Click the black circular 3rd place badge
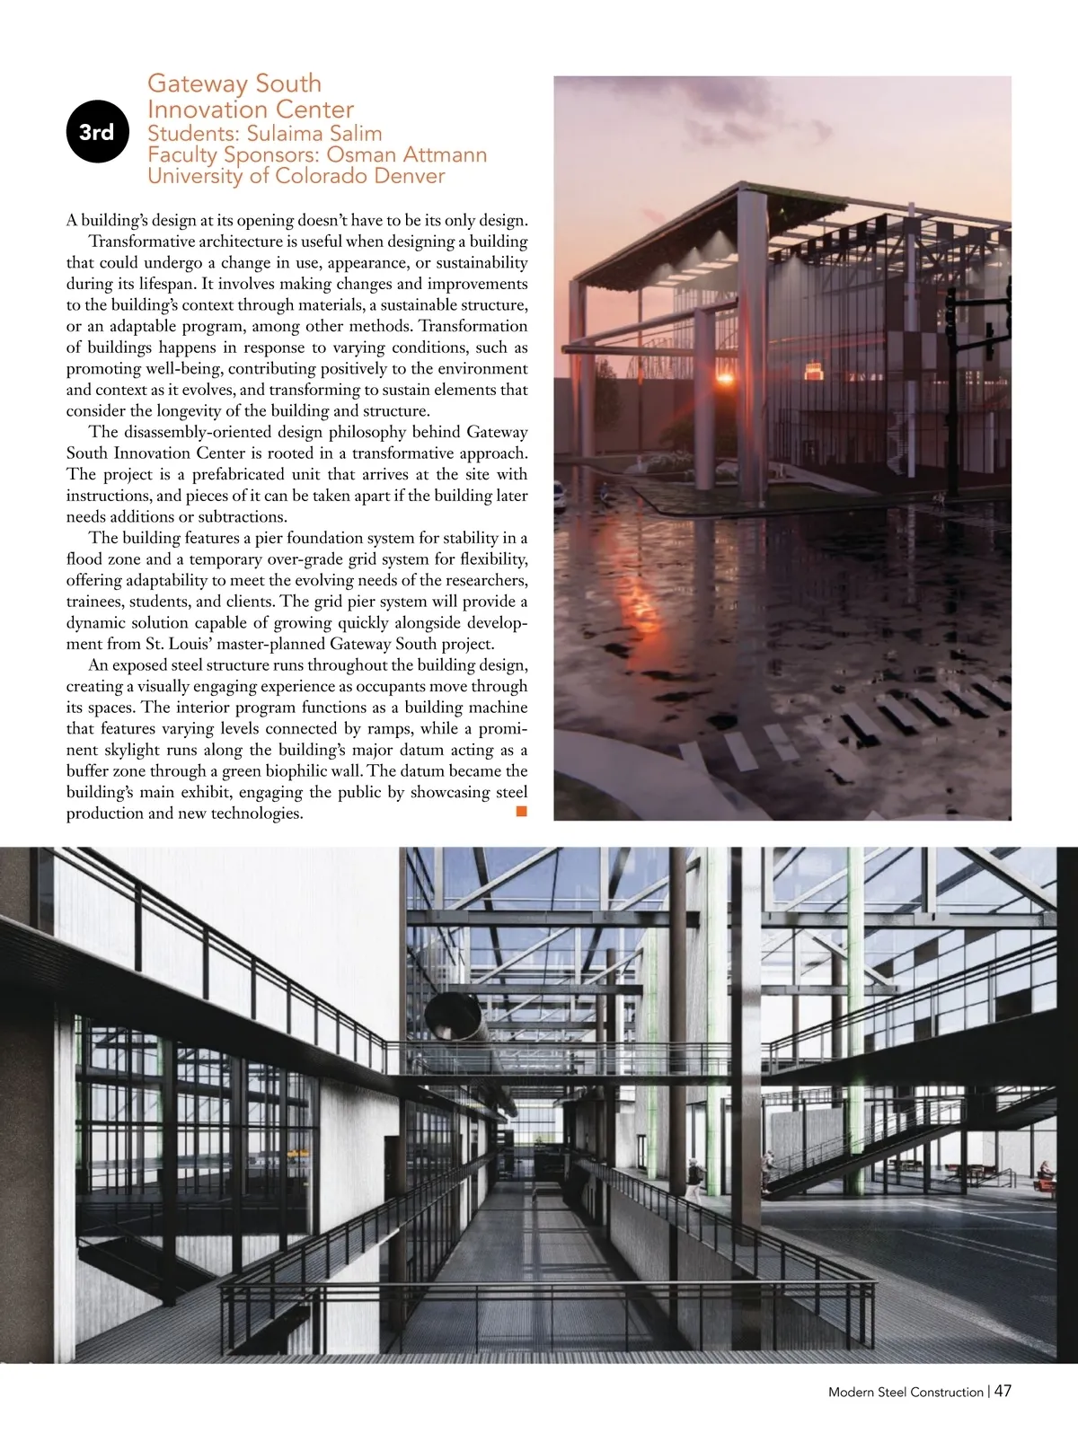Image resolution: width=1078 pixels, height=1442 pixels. pyautogui.click(x=97, y=132)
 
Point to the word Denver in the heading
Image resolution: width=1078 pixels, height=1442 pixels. pyautogui.click(x=403, y=175)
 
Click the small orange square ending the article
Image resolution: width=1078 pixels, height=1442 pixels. pyautogui.click(x=520, y=812)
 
